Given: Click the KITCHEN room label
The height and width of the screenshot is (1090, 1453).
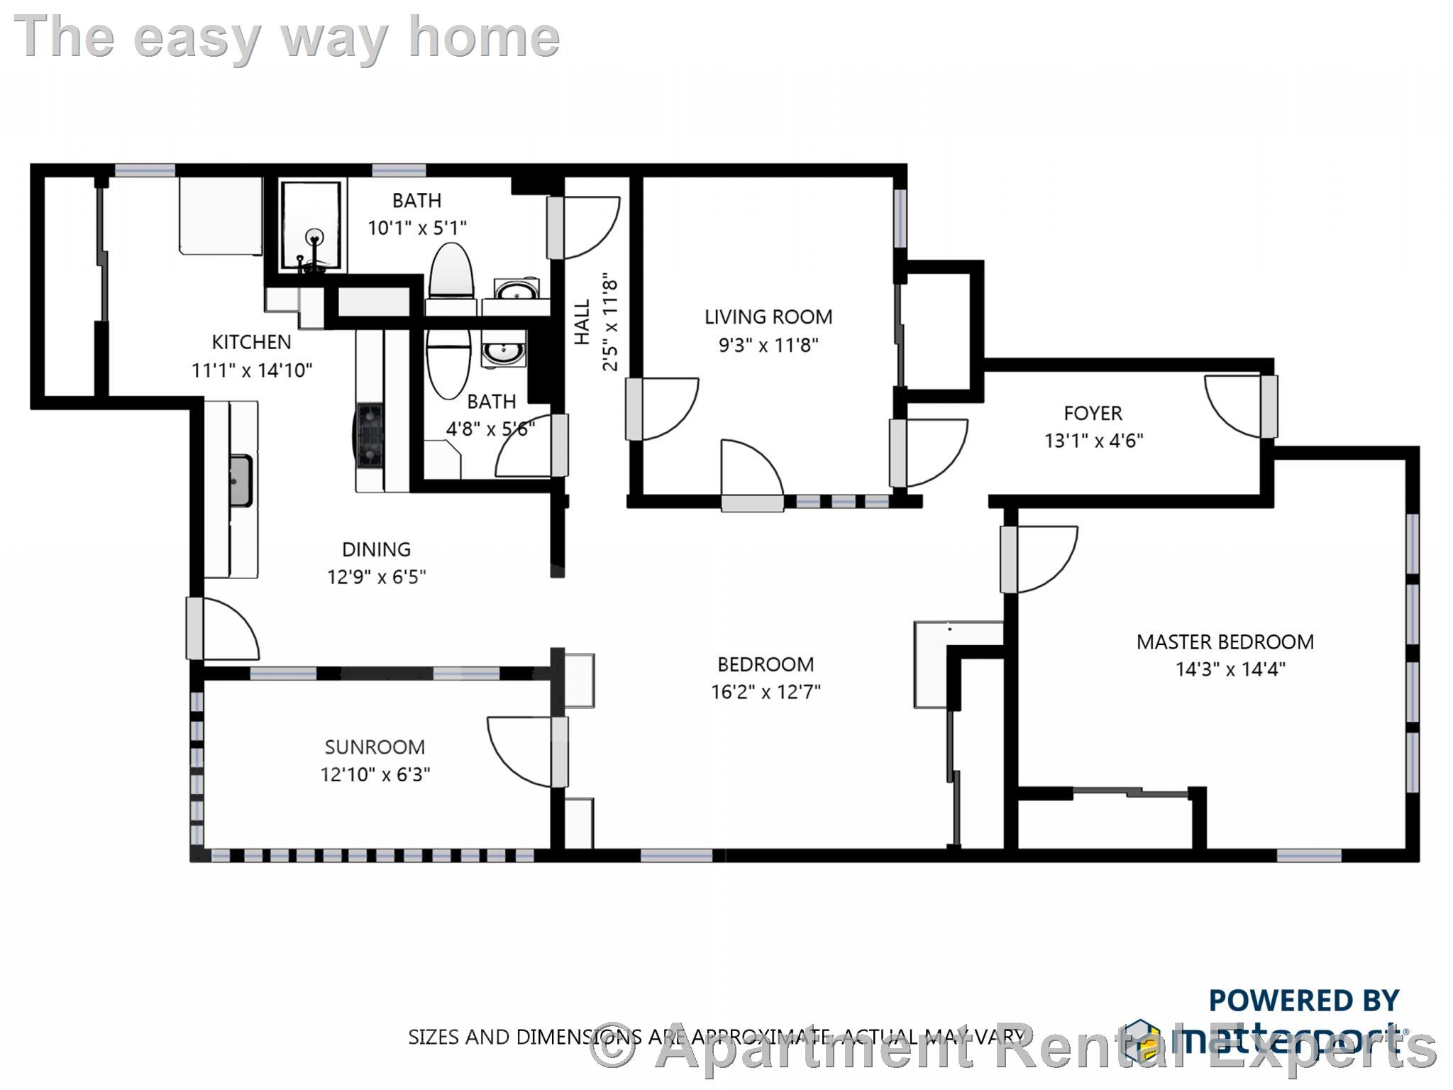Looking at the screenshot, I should tap(251, 342).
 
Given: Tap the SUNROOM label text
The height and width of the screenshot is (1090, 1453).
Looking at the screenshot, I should tap(375, 747).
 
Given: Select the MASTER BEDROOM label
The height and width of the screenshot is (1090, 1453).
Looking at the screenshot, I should tap(1225, 642).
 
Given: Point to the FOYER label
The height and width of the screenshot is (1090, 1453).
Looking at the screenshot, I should tap(1093, 413).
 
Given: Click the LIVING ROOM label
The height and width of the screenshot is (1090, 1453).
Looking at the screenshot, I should tap(768, 316).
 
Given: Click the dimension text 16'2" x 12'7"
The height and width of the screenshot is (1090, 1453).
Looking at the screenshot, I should tap(766, 691).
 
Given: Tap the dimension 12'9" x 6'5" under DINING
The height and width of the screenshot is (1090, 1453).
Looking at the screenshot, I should tap(376, 576).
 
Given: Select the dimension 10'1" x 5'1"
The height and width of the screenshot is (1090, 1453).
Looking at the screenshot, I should tap(417, 228).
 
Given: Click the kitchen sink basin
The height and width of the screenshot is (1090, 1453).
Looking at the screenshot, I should tap(240, 480).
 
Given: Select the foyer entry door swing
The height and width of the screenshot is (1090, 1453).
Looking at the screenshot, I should tap(1234, 404).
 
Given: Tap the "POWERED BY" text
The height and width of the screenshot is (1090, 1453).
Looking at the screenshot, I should tap(1303, 1001).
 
